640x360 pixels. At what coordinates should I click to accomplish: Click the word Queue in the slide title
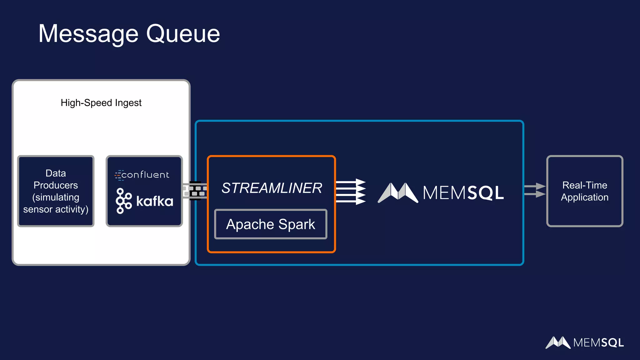183,34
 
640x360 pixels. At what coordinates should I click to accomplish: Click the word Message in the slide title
88,34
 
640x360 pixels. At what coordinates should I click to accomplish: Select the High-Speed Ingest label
101,103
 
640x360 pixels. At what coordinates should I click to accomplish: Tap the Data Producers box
56,191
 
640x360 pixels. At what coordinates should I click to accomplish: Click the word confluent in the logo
145,175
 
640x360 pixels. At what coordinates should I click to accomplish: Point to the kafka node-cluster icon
123,201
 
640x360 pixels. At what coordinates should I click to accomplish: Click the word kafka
155,201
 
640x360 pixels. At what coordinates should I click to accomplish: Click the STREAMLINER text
272,188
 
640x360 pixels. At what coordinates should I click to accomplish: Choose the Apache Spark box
271,224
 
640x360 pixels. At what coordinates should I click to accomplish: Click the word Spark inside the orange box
297,224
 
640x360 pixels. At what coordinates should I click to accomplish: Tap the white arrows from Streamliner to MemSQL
351,192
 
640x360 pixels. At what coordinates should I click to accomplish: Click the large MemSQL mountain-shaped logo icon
398,192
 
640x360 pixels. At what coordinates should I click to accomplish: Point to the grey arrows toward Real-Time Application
535,190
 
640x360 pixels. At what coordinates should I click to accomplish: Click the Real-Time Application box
584,191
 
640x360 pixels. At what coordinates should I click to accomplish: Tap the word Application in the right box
584,197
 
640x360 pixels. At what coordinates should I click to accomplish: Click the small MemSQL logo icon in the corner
558,342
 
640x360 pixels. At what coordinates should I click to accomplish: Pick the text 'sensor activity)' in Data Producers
56,209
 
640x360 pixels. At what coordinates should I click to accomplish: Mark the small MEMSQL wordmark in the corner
598,343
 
